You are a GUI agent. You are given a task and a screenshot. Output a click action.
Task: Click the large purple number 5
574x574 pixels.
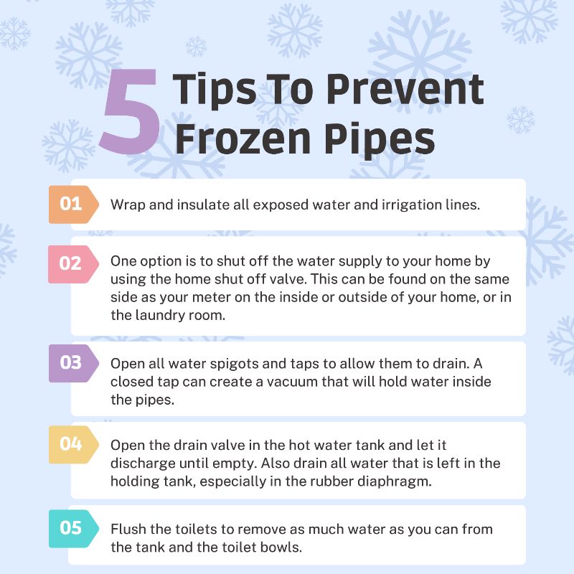pyautogui.click(x=130, y=112)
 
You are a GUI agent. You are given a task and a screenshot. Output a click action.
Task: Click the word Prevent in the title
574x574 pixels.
pyautogui.click(x=405, y=89)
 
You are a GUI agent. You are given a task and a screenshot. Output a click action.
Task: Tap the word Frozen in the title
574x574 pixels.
pyautogui.click(x=243, y=139)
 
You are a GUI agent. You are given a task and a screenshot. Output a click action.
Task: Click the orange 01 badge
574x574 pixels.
pyautogui.click(x=73, y=204)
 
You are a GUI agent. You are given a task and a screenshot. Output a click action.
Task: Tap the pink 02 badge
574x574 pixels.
pyautogui.click(x=73, y=264)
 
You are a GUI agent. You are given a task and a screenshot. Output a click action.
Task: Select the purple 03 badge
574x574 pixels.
pyautogui.click(x=73, y=363)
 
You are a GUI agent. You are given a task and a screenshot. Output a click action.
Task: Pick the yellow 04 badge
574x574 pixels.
pyautogui.click(x=73, y=444)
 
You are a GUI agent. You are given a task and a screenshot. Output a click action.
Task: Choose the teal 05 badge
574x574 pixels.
pyautogui.click(x=73, y=529)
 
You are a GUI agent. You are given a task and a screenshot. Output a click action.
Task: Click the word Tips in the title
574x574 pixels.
pyautogui.click(x=215, y=90)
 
